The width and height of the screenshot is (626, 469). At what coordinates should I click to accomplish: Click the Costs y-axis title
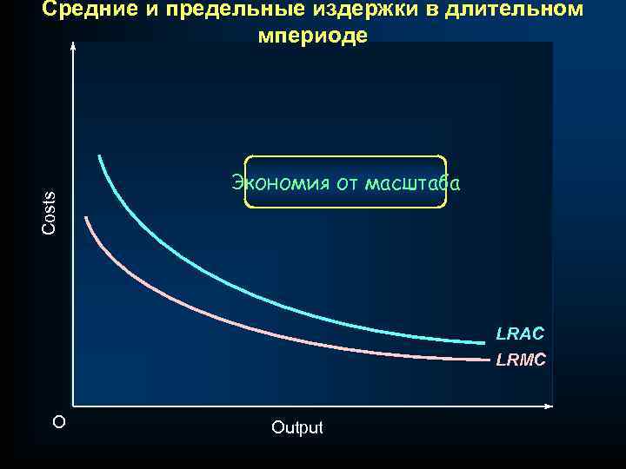tap(50, 212)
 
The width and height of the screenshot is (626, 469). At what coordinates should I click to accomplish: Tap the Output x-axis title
tap(296, 427)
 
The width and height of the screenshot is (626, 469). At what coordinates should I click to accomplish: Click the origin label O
tap(58, 422)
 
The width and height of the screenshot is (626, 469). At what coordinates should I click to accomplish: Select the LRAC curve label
tap(520, 334)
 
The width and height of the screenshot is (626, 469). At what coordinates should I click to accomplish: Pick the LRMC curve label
tap(521, 360)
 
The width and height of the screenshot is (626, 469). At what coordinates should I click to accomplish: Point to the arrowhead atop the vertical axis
tap(74, 49)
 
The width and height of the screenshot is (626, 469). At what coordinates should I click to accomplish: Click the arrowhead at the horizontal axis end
tap(549, 406)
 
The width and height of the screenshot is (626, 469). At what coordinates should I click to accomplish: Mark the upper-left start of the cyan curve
tap(99, 156)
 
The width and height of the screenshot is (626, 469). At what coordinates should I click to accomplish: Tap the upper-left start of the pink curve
tap(85, 218)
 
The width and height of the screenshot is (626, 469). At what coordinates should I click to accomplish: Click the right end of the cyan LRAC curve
tap(483, 342)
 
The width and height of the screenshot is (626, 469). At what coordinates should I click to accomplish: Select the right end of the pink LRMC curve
tap(489, 359)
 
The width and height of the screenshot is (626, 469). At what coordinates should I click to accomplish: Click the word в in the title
tap(431, 10)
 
